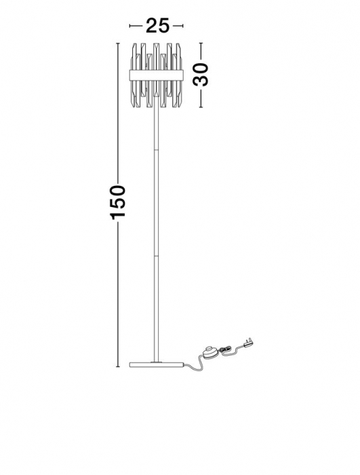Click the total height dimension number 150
coord(117,203)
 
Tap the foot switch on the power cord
coord(209,353)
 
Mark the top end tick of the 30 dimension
coord(201,43)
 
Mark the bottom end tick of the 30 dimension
coord(201,107)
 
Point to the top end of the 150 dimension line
coord(117,43)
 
